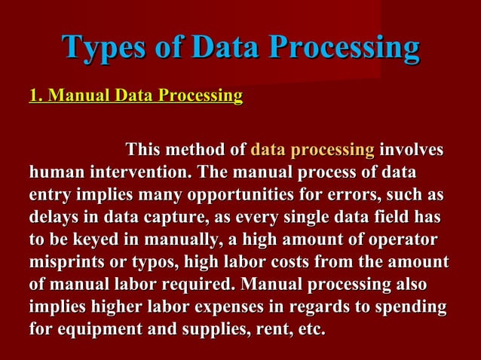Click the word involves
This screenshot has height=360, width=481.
(412, 150)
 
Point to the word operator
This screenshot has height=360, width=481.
(400, 241)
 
